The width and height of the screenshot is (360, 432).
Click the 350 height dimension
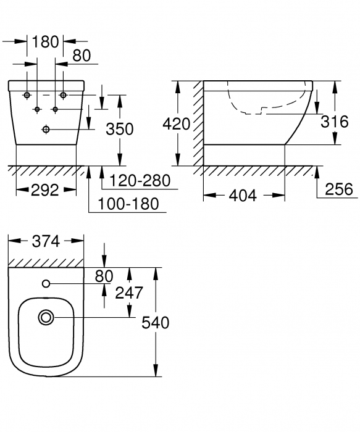(x=119, y=130)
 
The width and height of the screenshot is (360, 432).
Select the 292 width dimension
(x=45, y=190)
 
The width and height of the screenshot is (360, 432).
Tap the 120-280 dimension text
(x=137, y=180)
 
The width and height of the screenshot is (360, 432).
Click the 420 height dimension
(x=176, y=123)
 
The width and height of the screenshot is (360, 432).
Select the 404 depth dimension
(x=243, y=196)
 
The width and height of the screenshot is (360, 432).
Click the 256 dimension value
(x=340, y=189)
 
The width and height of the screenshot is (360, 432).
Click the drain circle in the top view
(x=46, y=318)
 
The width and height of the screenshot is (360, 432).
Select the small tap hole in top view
(x=46, y=283)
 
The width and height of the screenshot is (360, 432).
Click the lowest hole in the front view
(x=46, y=129)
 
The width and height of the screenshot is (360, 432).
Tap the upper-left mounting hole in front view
(x=28, y=96)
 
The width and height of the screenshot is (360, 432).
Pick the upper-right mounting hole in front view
(x=63, y=96)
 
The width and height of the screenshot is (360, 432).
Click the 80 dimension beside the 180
(x=81, y=56)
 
